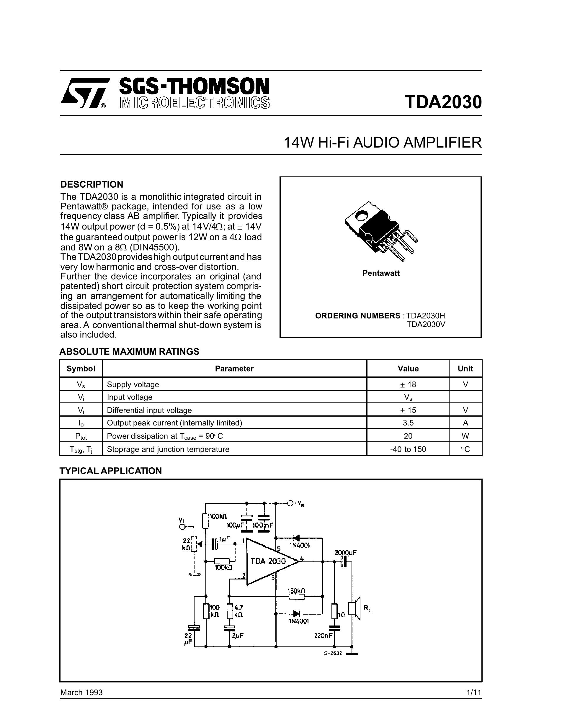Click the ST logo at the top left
pyautogui.click(x=85, y=94)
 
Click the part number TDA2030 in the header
pyautogui.click(x=443, y=102)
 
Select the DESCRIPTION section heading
pyautogui.click(x=92, y=184)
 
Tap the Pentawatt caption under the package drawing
pyautogui.click(x=381, y=273)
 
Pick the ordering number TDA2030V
pyautogui.click(x=426, y=325)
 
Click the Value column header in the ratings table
pyautogui.click(x=408, y=369)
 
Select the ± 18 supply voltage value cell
pyautogui.click(x=408, y=384)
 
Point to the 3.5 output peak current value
pyautogui.click(x=408, y=423)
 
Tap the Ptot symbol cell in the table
pyautogui.click(x=81, y=436)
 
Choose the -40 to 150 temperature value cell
pyautogui.click(x=408, y=449)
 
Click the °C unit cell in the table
pyautogui.click(x=465, y=449)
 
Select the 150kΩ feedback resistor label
pyautogui.click(x=296, y=591)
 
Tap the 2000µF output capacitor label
pyautogui.click(x=345, y=553)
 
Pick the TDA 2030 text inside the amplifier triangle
pyautogui.click(x=268, y=561)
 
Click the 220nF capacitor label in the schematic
pyautogui.click(x=323, y=636)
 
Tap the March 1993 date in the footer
pyautogui.click(x=81, y=693)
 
